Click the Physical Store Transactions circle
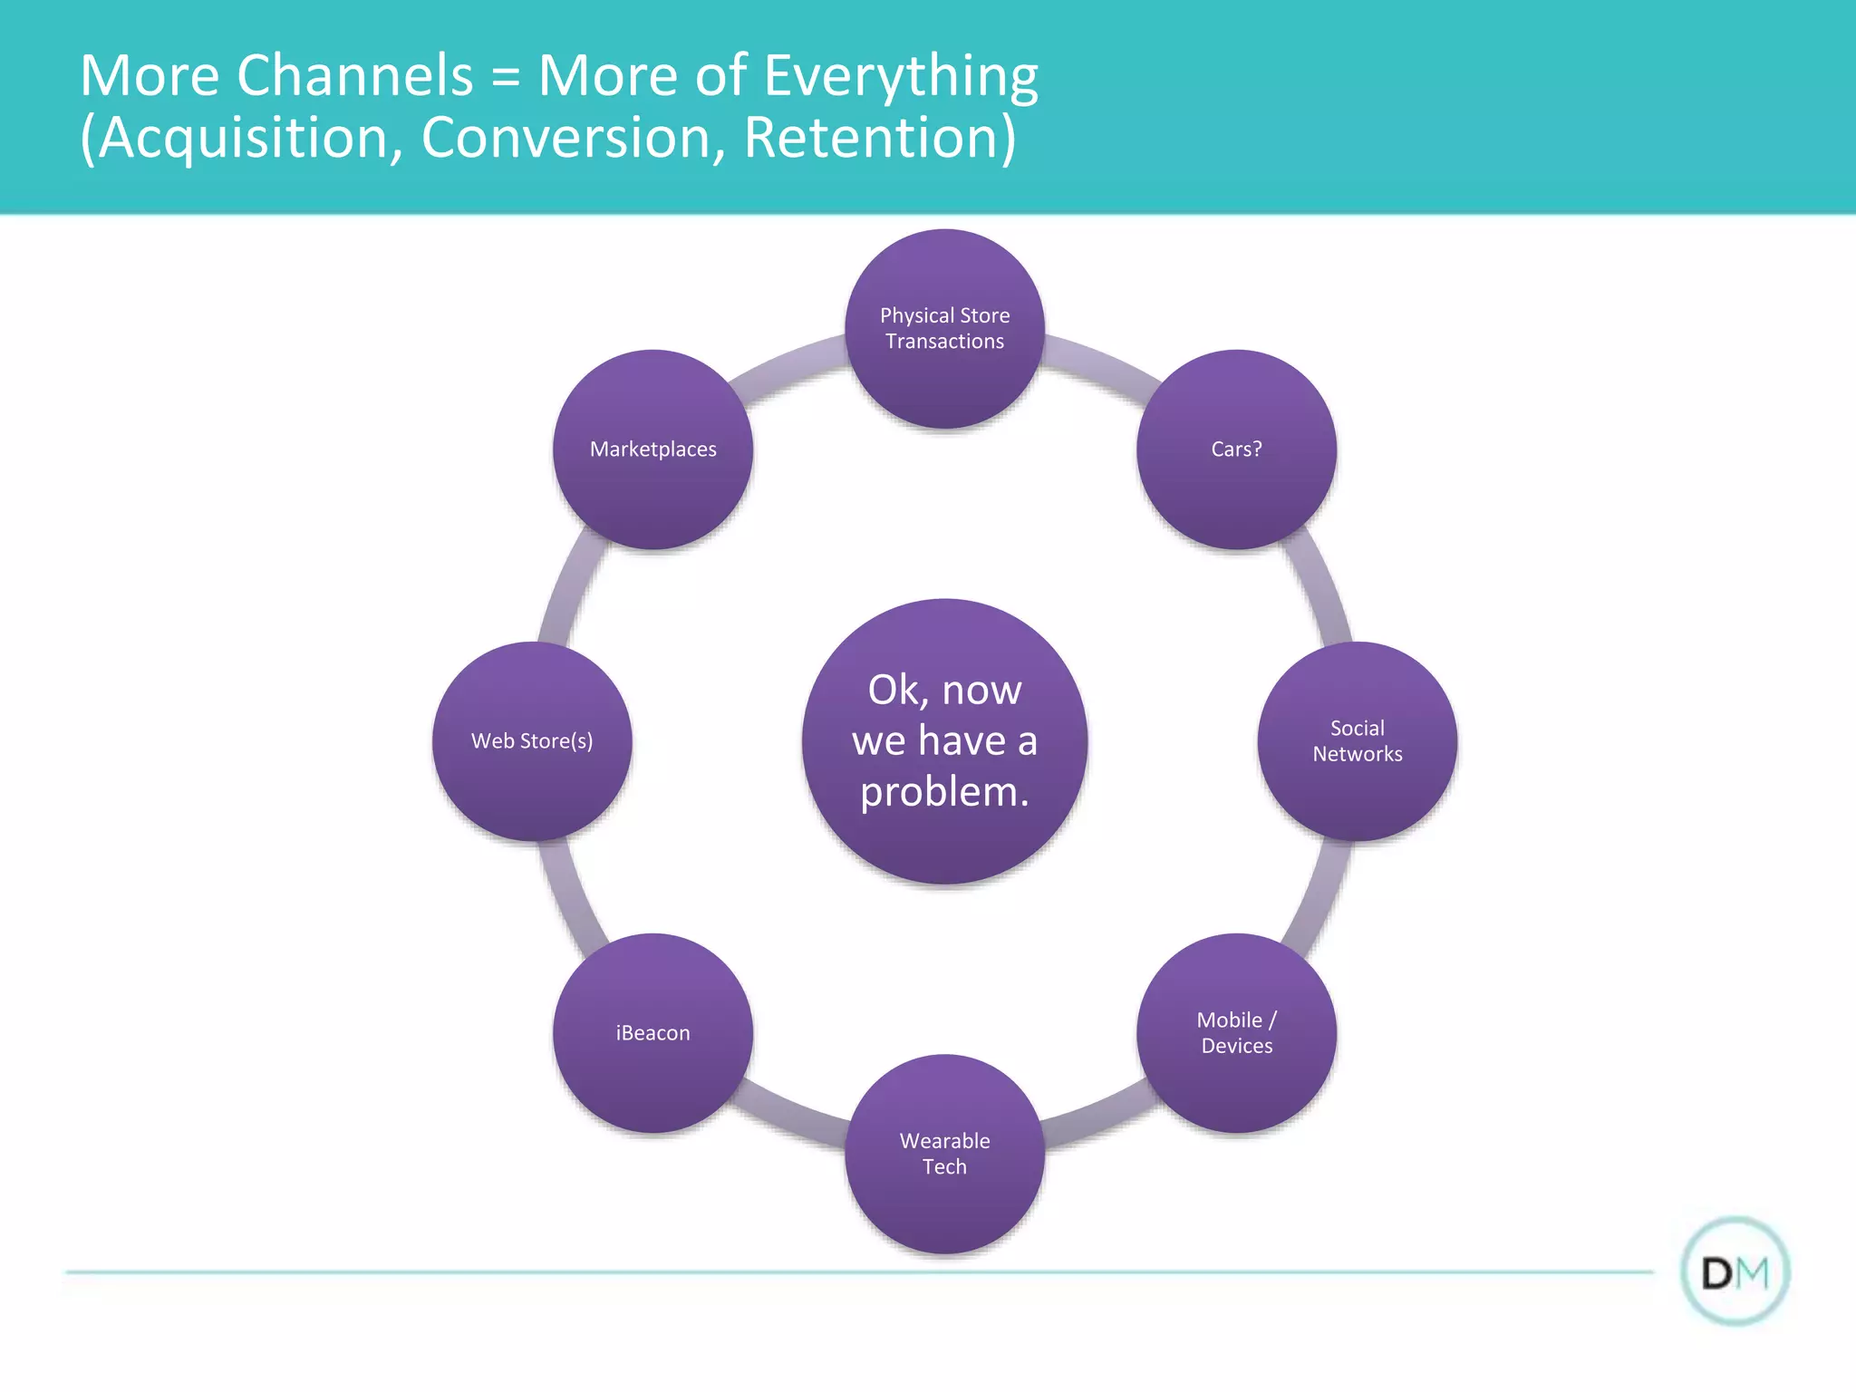[944, 328]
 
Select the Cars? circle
[1236, 449]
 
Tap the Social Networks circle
[1357, 741]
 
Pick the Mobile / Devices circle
[1236, 1033]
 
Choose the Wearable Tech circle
[944, 1154]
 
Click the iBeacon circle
[652, 1033]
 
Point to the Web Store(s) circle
[532, 741]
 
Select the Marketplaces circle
[652, 449]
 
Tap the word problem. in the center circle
[944, 792]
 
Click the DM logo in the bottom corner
[1735, 1272]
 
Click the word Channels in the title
[354, 75]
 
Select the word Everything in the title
[901, 77]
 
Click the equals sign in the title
[506, 77]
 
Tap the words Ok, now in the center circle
[944, 691]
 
